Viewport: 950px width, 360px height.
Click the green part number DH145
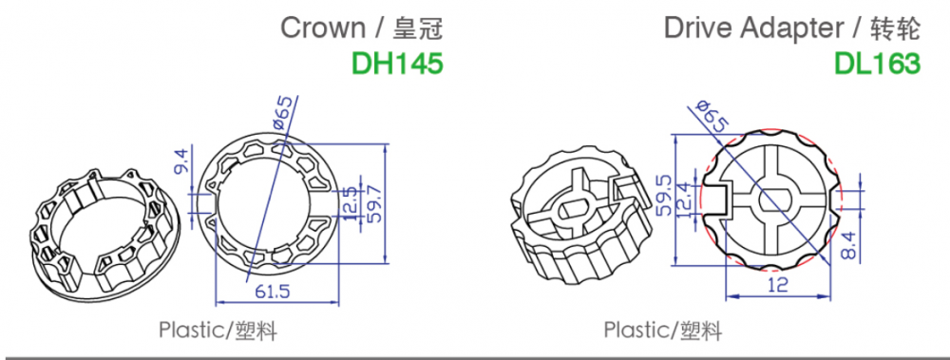coord(397,64)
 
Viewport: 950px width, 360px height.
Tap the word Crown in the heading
coord(323,28)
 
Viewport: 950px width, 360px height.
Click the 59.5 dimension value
coord(664,195)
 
